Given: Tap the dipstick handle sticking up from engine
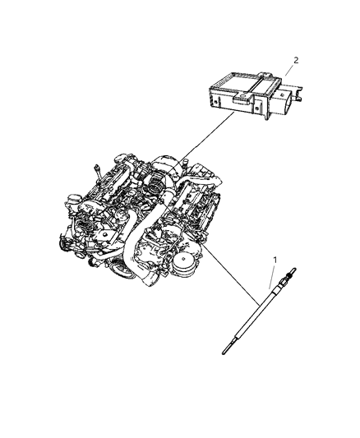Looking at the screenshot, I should (98, 169).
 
